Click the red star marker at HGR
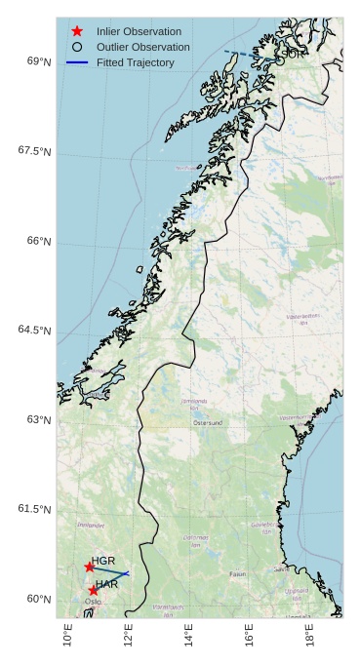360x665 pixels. (x=90, y=567)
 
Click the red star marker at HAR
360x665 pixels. (x=94, y=590)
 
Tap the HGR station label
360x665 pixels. (x=103, y=562)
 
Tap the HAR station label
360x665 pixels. (x=106, y=584)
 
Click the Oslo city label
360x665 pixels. (x=93, y=602)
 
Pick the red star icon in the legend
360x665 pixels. (x=77, y=31)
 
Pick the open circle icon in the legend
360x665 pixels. (x=77, y=47)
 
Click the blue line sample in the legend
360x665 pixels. (x=77, y=62)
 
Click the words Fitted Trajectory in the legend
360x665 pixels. (x=135, y=62)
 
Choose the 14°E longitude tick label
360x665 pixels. (x=189, y=635)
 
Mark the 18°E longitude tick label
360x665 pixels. (x=311, y=635)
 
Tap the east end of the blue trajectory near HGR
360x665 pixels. (x=129, y=573)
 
